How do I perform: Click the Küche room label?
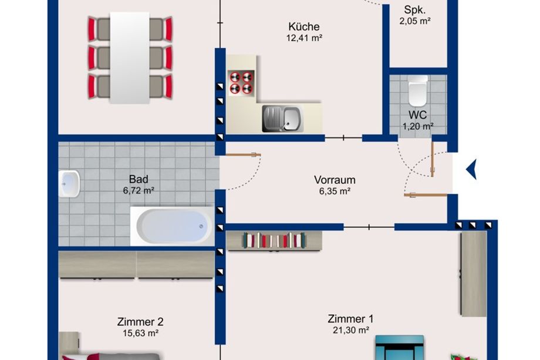point(304,26)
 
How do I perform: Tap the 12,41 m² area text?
point(304,38)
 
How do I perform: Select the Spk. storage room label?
point(414,9)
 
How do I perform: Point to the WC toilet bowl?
point(418,91)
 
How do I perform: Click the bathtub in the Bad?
point(172,226)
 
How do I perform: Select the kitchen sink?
point(283,119)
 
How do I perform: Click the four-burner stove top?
point(241,82)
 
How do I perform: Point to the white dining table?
point(130,58)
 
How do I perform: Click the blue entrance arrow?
point(471,169)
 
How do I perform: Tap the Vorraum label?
point(335,180)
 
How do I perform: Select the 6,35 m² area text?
point(335,191)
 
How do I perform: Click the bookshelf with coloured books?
point(275,240)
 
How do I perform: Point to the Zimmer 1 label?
point(350,319)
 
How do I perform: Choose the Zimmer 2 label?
point(140,322)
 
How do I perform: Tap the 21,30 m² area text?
point(350,330)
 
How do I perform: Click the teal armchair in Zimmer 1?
point(400,347)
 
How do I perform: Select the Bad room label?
point(139,179)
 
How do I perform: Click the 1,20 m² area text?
point(418,126)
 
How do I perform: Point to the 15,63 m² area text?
point(140,333)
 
